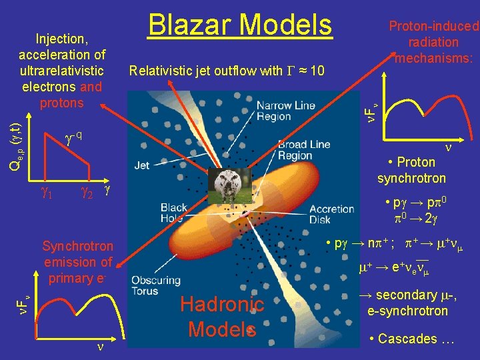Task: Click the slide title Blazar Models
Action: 239,25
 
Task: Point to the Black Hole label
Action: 174,213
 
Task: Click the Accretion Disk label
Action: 332,213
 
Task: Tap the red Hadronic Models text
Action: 223,317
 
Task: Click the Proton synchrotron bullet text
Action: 411,170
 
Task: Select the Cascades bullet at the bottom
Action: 411,339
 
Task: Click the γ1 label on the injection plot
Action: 47,194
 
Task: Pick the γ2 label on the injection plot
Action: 86,194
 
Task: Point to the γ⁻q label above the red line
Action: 74,137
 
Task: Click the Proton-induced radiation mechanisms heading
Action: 433,42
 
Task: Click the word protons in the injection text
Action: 62,103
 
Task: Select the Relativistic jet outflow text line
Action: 227,71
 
